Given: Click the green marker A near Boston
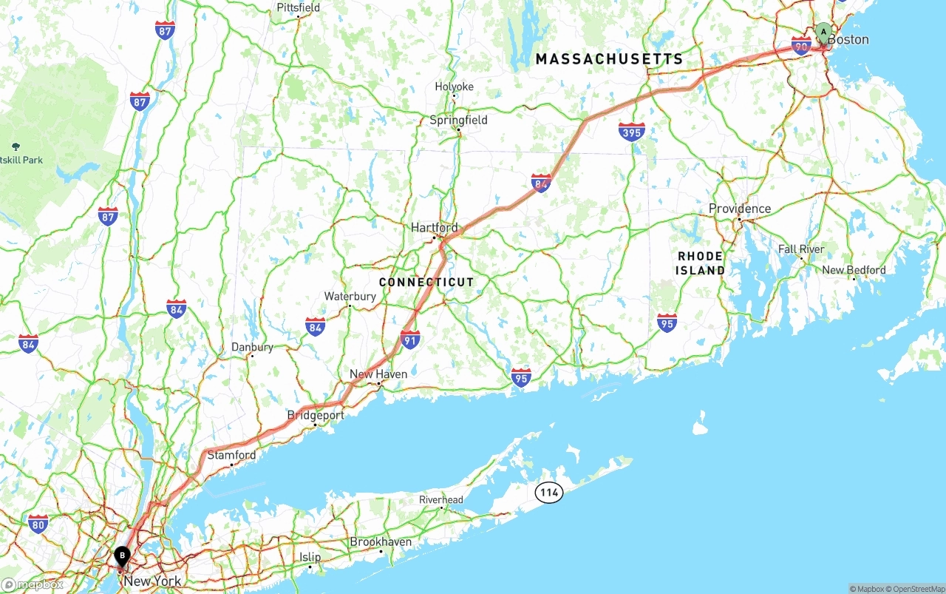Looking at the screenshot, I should tap(823, 33).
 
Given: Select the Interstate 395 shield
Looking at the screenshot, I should tap(631, 132).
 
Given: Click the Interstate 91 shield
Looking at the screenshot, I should tap(410, 340).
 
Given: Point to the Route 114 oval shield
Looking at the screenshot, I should tap(549, 493).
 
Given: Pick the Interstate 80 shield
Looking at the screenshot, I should tap(38, 524).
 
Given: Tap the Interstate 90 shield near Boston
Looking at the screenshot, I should tap(801, 46).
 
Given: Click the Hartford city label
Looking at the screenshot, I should tap(435, 228).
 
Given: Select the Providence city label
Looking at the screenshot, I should tap(739, 209).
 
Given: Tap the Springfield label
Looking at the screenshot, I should tap(459, 120).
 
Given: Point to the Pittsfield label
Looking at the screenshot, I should tap(299, 7).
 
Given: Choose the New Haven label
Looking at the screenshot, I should tap(378, 374).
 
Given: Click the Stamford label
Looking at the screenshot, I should tap(231, 455).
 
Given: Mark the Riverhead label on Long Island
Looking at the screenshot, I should tap(440, 500).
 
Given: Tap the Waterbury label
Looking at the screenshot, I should tap(350, 297).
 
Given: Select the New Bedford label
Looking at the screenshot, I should tap(854, 270).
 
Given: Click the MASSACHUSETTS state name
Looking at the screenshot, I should tap(609, 59).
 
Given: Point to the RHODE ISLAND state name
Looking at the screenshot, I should tap(700, 263).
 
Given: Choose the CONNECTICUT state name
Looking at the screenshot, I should tap(426, 283).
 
